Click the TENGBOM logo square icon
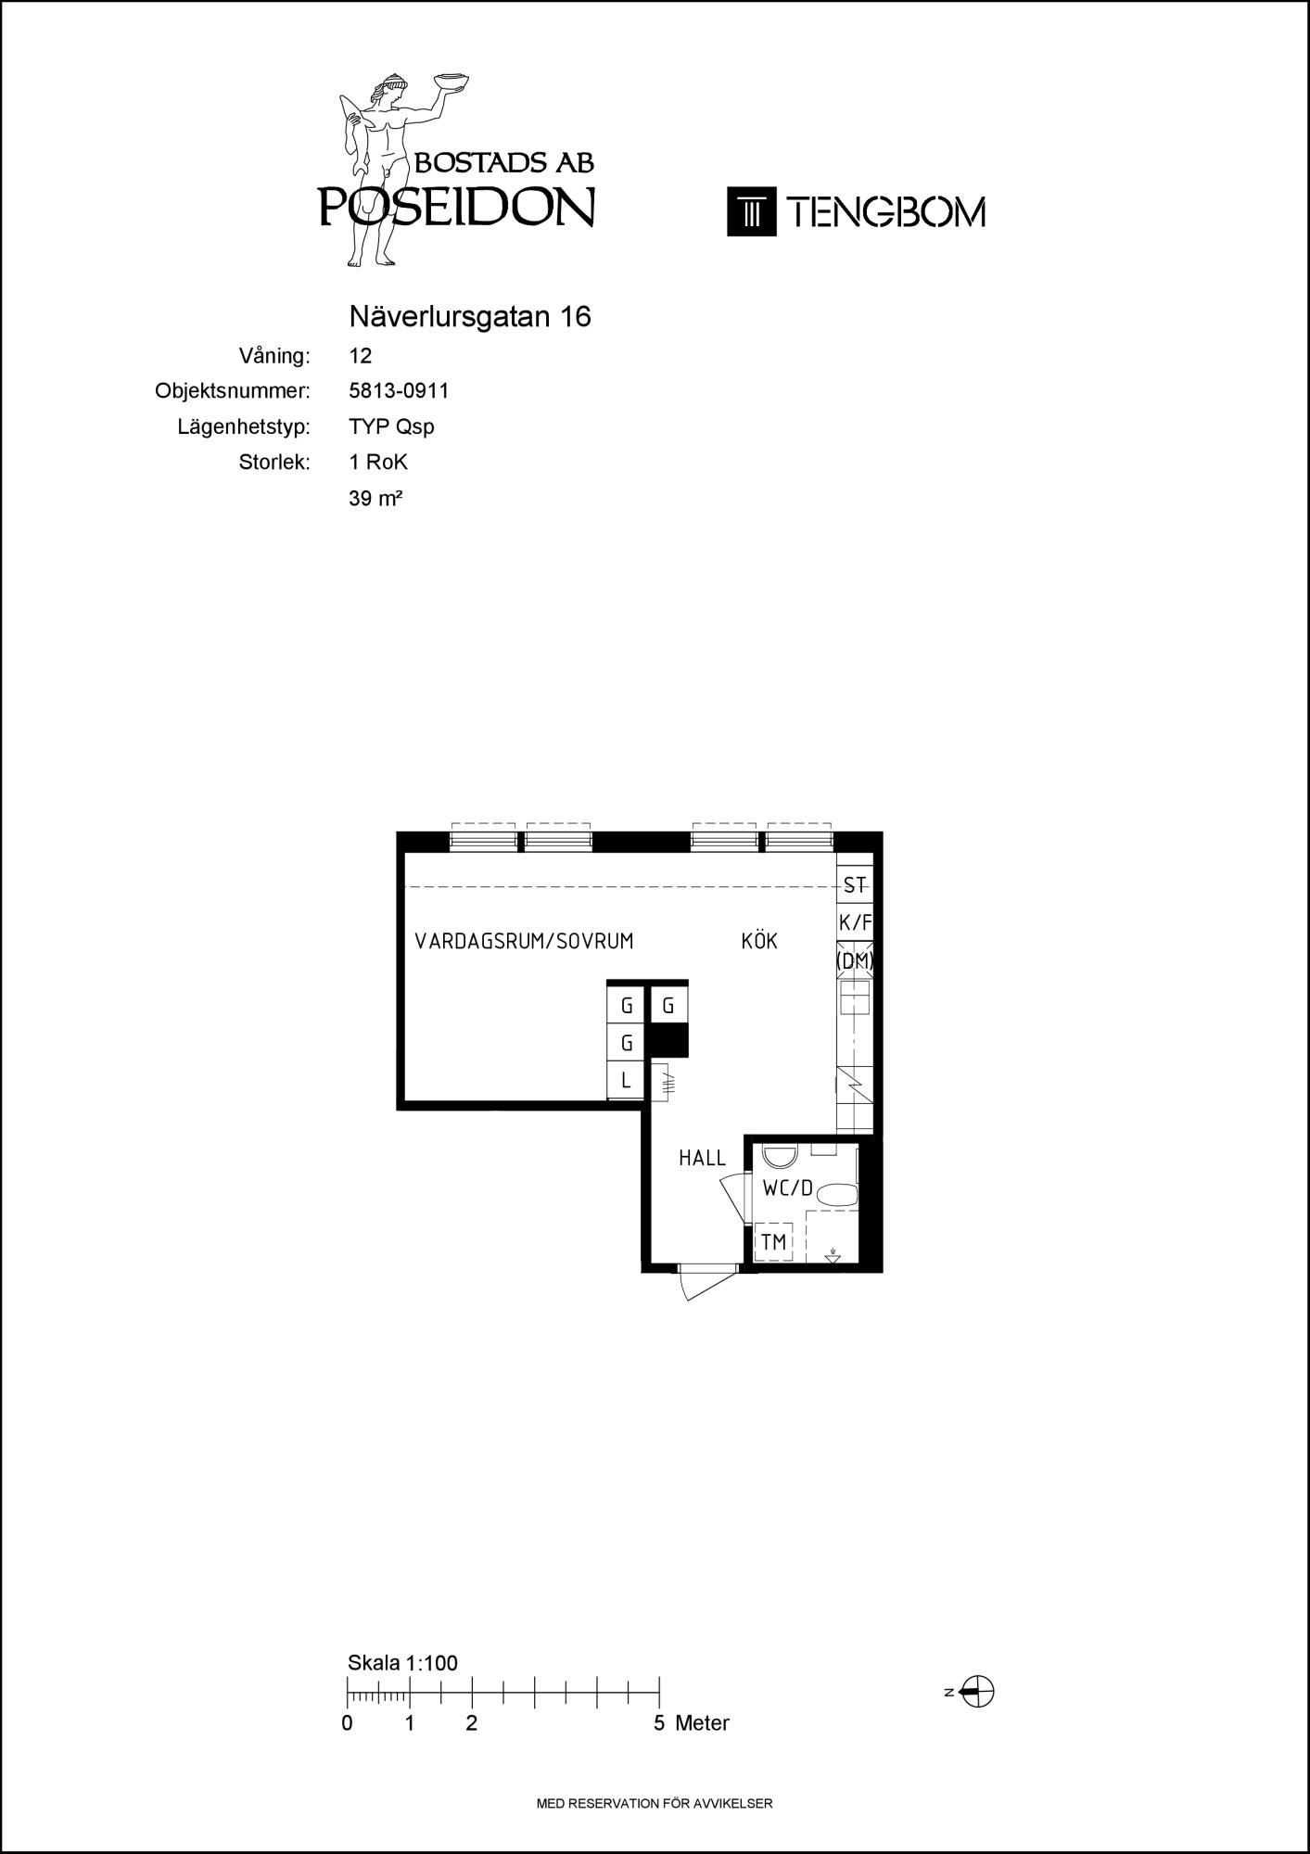751,212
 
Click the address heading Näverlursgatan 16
470,317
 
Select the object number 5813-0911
399,391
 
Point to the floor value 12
361,356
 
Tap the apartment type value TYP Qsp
391,427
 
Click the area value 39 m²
375,498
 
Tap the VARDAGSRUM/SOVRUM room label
524,942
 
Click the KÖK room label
759,941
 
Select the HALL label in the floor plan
702,1158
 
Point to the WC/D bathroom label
787,1187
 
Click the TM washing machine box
773,1242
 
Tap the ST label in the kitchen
855,885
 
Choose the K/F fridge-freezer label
856,922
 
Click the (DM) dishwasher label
855,961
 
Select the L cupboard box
626,1081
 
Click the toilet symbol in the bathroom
840,1194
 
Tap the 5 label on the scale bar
659,1723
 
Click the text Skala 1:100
402,1663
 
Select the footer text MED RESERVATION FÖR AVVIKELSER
655,1804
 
